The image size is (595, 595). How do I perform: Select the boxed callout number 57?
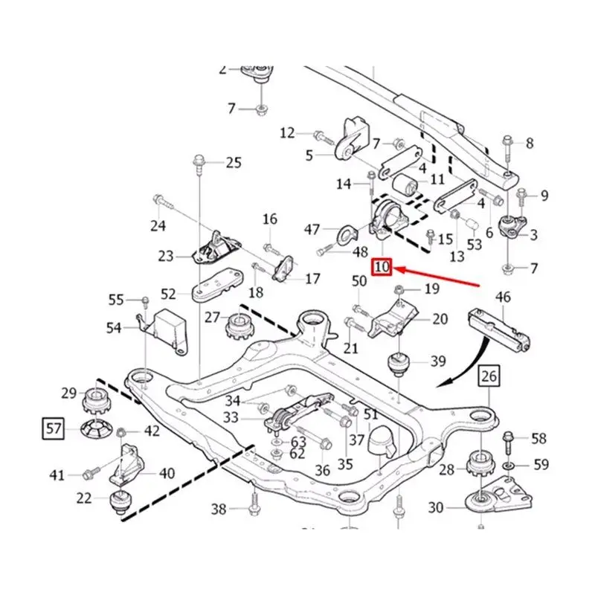coord(51,428)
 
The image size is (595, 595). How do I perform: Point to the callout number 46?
coord(504,298)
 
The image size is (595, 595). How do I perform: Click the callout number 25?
coord(234,162)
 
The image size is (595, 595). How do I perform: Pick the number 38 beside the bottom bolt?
coord(218,509)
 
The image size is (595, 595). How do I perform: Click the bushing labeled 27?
coord(240,321)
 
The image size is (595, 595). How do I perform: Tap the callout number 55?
coord(115,300)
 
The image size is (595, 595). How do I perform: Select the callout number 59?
coord(541,466)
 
